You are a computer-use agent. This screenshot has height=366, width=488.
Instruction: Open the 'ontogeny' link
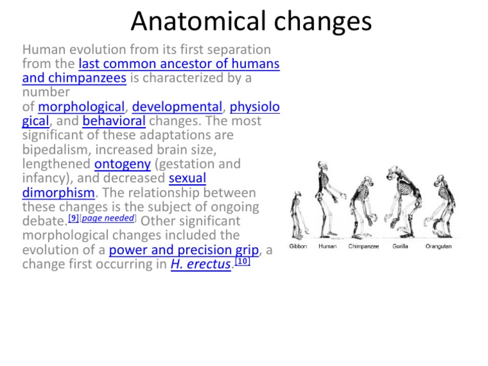tap(121, 164)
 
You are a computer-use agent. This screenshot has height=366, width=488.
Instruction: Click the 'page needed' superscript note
tap(107, 218)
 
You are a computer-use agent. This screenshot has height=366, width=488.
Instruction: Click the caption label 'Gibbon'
tap(298, 246)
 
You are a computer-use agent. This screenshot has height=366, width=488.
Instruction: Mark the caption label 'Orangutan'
tap(438, 246)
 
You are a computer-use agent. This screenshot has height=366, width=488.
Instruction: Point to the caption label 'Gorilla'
tap(400, 246)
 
